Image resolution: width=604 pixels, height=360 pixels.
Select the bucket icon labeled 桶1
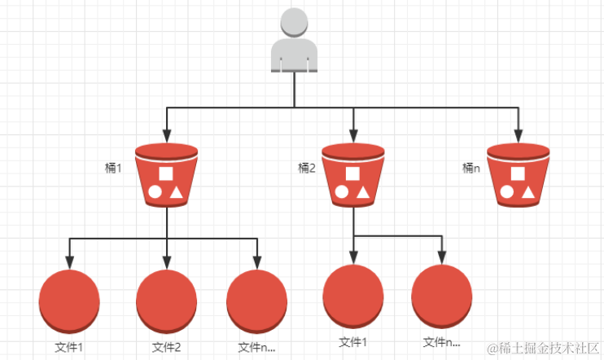166,174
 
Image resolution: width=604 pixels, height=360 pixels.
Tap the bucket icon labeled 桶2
353,174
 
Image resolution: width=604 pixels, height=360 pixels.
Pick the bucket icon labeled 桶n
518,174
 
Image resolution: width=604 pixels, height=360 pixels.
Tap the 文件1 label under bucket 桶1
68,348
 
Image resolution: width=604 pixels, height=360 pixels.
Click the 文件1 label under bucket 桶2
352,342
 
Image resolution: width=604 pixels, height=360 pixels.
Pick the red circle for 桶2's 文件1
352,295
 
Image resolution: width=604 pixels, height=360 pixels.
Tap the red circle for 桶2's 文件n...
442,295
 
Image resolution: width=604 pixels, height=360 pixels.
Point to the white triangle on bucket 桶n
527,192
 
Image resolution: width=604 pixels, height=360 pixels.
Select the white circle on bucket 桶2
342,192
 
